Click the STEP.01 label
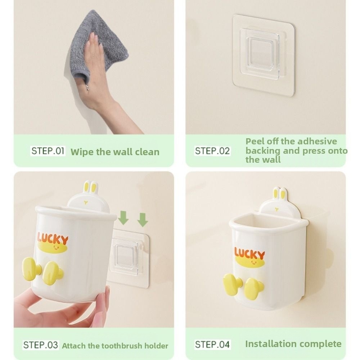click(48, 151)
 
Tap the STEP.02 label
click(212, 151)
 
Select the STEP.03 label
click(41, 345)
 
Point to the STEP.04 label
click(212, 345)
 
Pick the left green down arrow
click(123, 218)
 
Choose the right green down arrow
click(143, 220)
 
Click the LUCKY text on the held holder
click(53, 238)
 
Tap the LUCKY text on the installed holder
click(249, 253)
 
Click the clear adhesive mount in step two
click(264, 55)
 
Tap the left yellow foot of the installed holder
click(231, 284)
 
